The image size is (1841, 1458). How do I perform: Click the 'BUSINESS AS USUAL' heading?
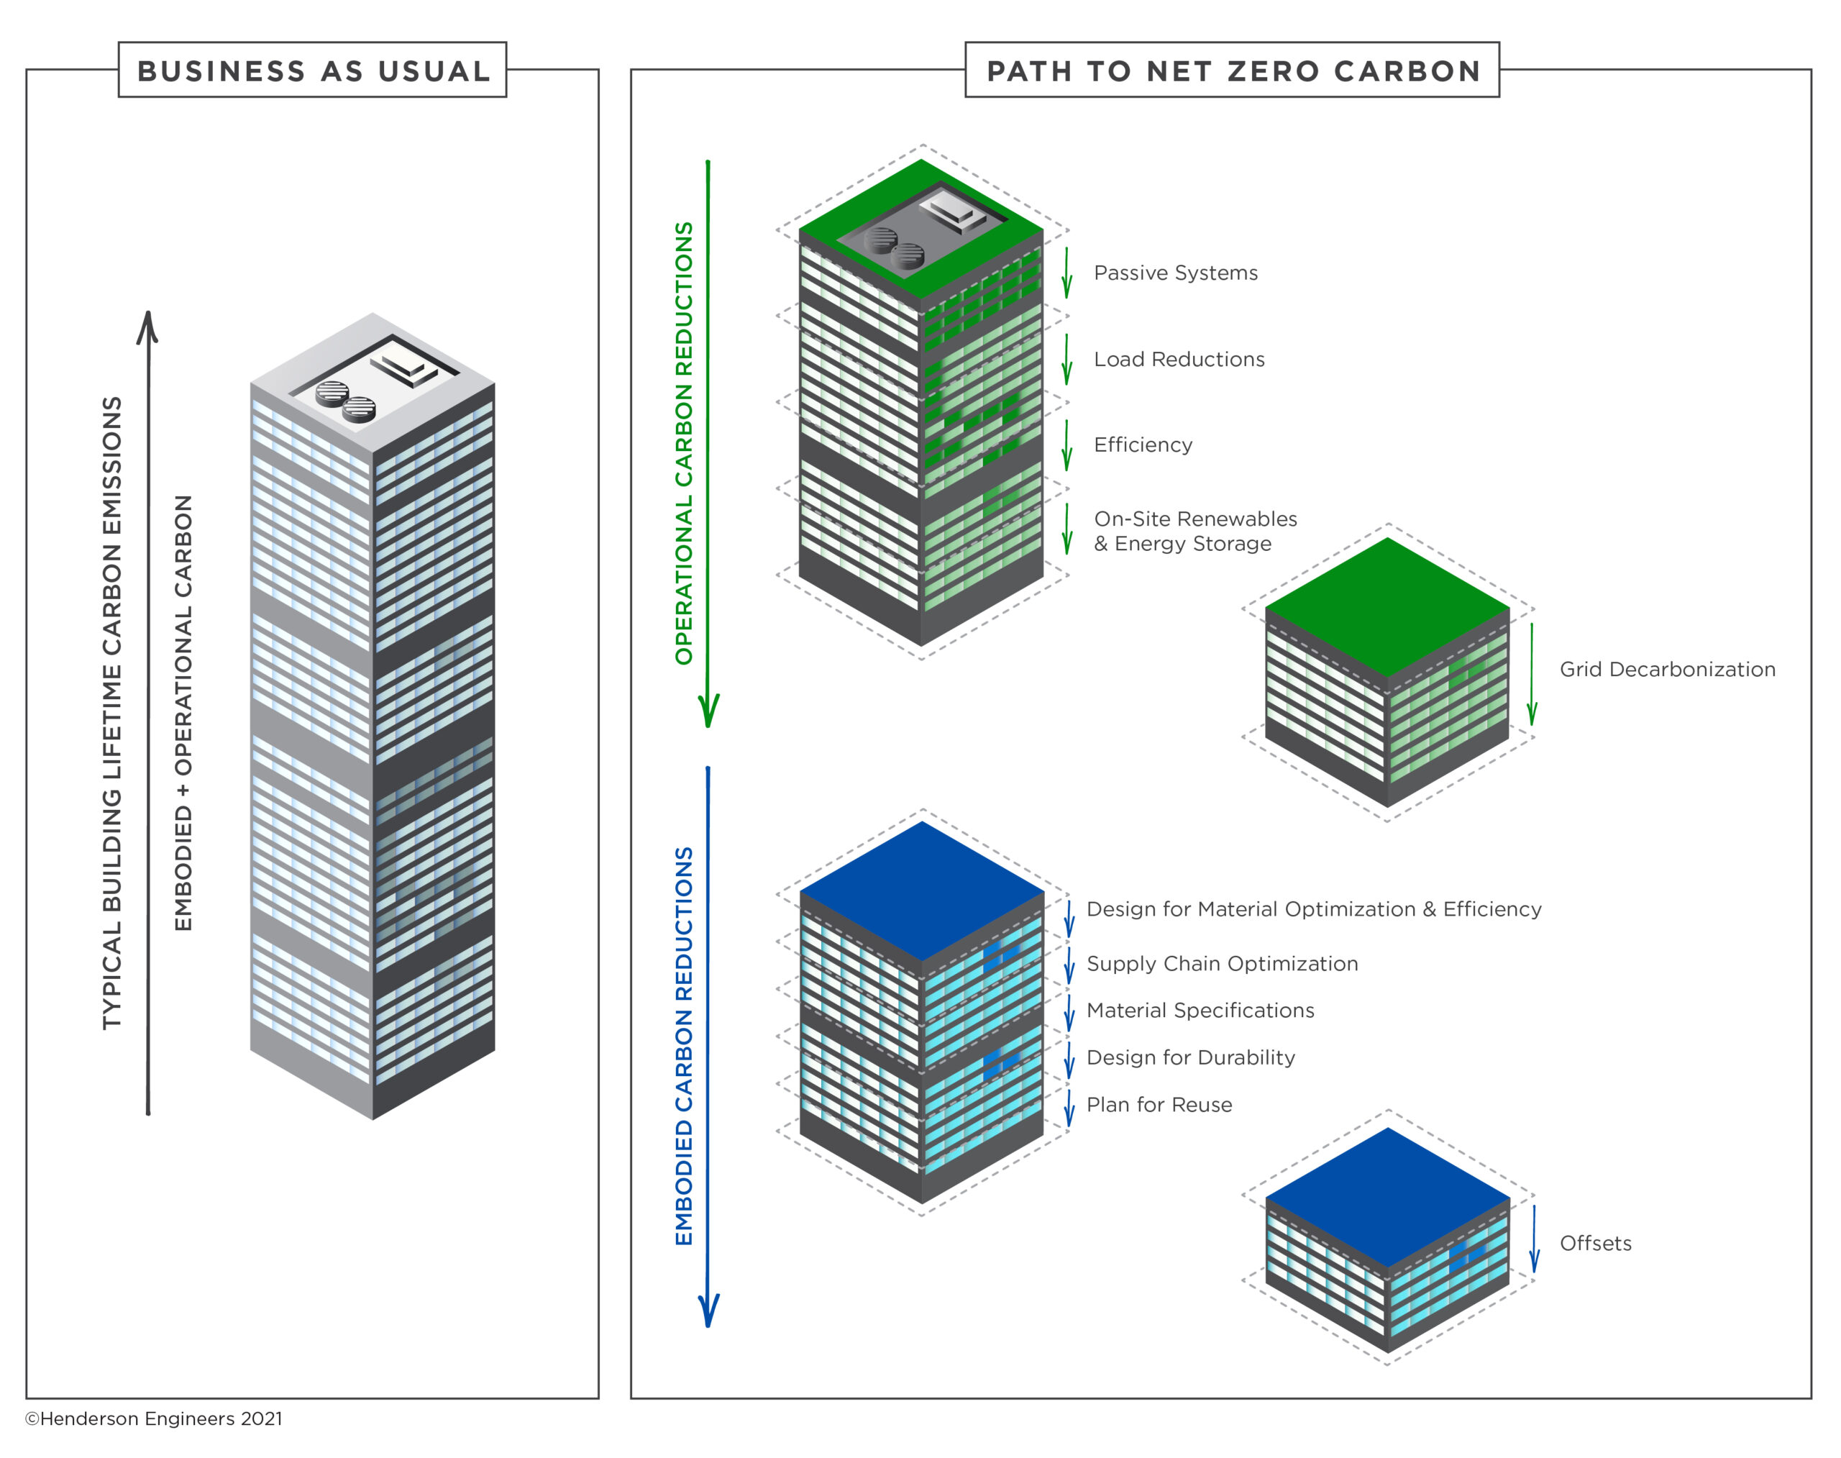click(314, 71)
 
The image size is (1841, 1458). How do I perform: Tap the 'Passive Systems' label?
click(1175, 273)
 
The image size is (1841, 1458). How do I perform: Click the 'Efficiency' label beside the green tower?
click(1143, 445)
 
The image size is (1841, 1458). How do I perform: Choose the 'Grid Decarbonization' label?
click(1667, 669)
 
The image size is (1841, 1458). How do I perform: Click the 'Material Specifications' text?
click(1200, 1011)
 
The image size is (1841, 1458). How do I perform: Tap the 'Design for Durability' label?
click(1191, 1057)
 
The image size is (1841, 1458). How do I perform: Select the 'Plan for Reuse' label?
click(1159, 1105)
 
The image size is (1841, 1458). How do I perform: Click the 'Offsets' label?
click(1595, 1243)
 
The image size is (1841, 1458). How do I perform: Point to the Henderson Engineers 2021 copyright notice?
click(154, 1418)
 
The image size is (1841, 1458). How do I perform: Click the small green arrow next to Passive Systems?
click(1066, 273)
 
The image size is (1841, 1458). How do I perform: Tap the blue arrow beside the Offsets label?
click(1534, 1239)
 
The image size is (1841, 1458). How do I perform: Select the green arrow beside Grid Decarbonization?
click(1532, 675)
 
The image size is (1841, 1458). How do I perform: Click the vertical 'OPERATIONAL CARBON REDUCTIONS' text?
click(684, 443)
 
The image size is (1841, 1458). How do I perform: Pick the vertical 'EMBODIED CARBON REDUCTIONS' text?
click(684, 1046)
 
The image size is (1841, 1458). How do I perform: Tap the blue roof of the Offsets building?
click(1388, 1198)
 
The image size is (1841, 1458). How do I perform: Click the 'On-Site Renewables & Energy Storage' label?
click(1195, 531)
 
